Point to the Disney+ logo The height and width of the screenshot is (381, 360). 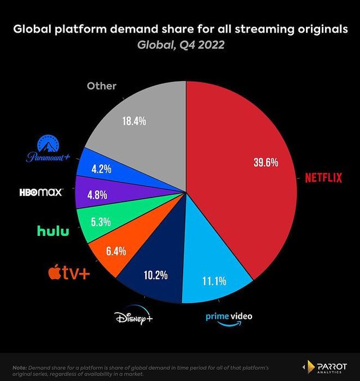point(134,319)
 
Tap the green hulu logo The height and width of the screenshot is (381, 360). point(53,230)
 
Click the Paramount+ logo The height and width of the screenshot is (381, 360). point(51,150)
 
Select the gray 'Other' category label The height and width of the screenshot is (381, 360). point(101,86)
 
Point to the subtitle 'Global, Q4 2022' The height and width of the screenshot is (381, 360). point(180,45)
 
